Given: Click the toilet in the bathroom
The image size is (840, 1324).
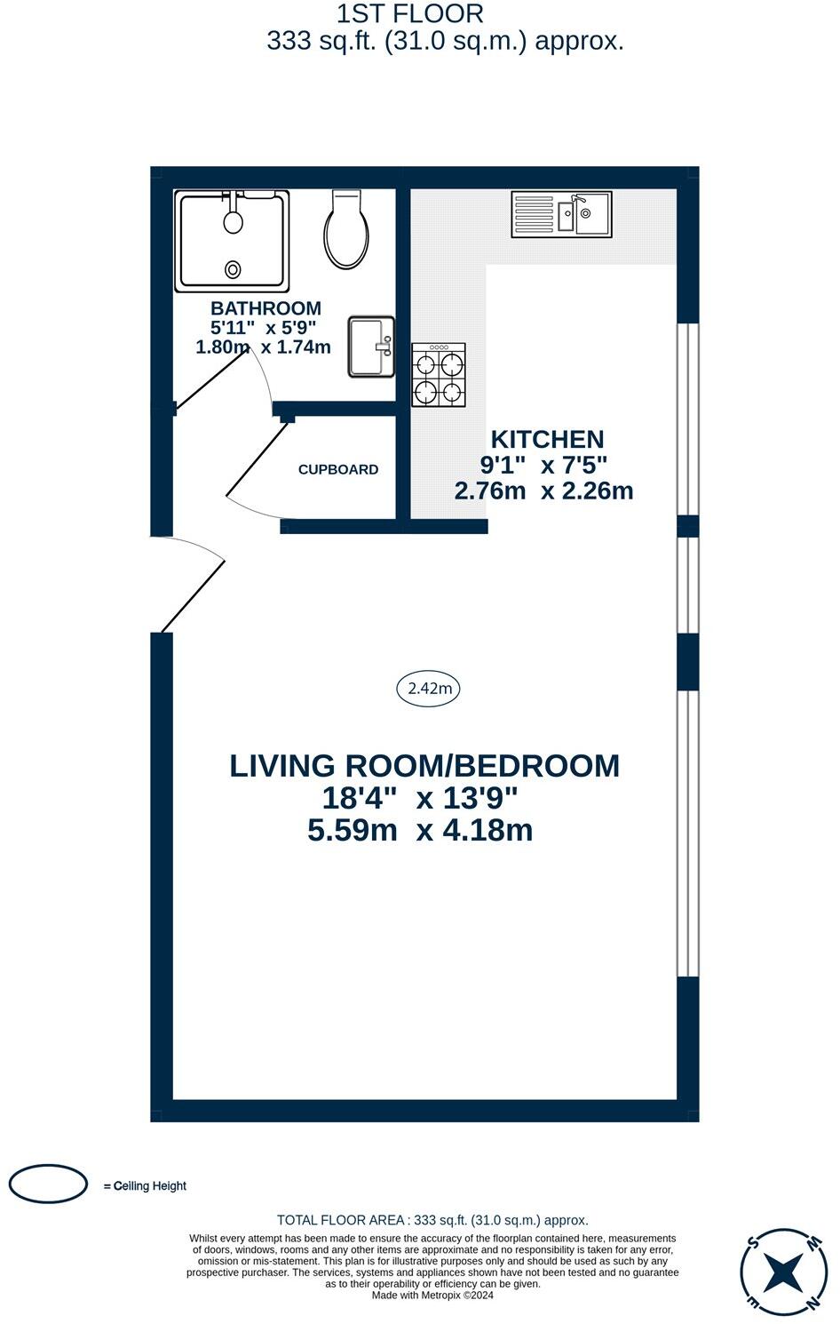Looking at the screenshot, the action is (x=347, y=228).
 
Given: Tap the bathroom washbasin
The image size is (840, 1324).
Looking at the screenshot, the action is (x=371, y=347).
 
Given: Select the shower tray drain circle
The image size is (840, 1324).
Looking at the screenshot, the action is (x=234, y=269).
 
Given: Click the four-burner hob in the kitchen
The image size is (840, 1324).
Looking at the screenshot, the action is (x=439, y=375).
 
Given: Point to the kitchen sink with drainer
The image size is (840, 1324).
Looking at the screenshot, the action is (x=561, y=214).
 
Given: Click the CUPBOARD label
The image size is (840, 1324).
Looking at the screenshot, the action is (x=338, y=469).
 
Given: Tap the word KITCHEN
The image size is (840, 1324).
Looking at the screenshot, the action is (x=548, y=439).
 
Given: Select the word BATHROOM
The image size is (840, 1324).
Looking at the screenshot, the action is (x=265, y=308).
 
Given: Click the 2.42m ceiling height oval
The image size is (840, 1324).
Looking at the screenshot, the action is (x=428, y=689).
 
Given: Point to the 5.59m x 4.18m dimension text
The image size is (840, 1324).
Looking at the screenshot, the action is (x=420, y=831).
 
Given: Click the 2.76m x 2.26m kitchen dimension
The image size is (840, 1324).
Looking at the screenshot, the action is (x=543, y=491).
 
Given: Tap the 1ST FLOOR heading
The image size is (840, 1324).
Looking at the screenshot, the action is (x=410, y=13).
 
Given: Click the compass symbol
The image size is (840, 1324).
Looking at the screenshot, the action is (x=781, y=1270).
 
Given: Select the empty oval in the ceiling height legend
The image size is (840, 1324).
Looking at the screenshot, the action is (x=49, y=1184).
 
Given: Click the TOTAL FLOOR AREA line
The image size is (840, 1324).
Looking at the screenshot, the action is (x=432, y=1220).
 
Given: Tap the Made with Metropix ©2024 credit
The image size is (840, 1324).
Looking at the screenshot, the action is (x=432, y=1296).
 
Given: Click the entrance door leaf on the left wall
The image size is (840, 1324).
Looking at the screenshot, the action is (x=194, y=596).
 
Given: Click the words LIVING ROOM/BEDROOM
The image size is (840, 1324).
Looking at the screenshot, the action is (x=424, y=766).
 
